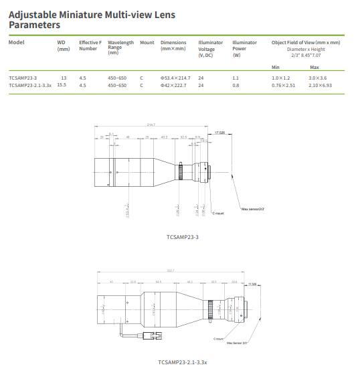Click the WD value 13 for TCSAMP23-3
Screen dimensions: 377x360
coord(64,78)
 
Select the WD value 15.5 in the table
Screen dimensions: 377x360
coord(62,86)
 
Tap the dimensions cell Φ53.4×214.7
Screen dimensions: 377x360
coord(175,78)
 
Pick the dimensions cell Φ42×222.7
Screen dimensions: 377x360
coord(173,86)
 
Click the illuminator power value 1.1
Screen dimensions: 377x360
coord(236,78)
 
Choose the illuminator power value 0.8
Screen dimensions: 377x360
coord(236,86)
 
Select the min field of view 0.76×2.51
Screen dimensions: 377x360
coord(283,86)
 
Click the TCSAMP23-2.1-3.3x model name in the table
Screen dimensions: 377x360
coord(30,86)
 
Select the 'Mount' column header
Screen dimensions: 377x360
coord(147,42)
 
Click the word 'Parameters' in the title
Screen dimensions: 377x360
coord(34,25)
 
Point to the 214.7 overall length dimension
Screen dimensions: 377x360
coord(151,125)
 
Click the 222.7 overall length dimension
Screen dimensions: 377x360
coord(171,271)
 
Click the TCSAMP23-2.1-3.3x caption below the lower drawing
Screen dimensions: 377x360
coord(182,362)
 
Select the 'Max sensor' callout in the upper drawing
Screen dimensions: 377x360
coord(253,209)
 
